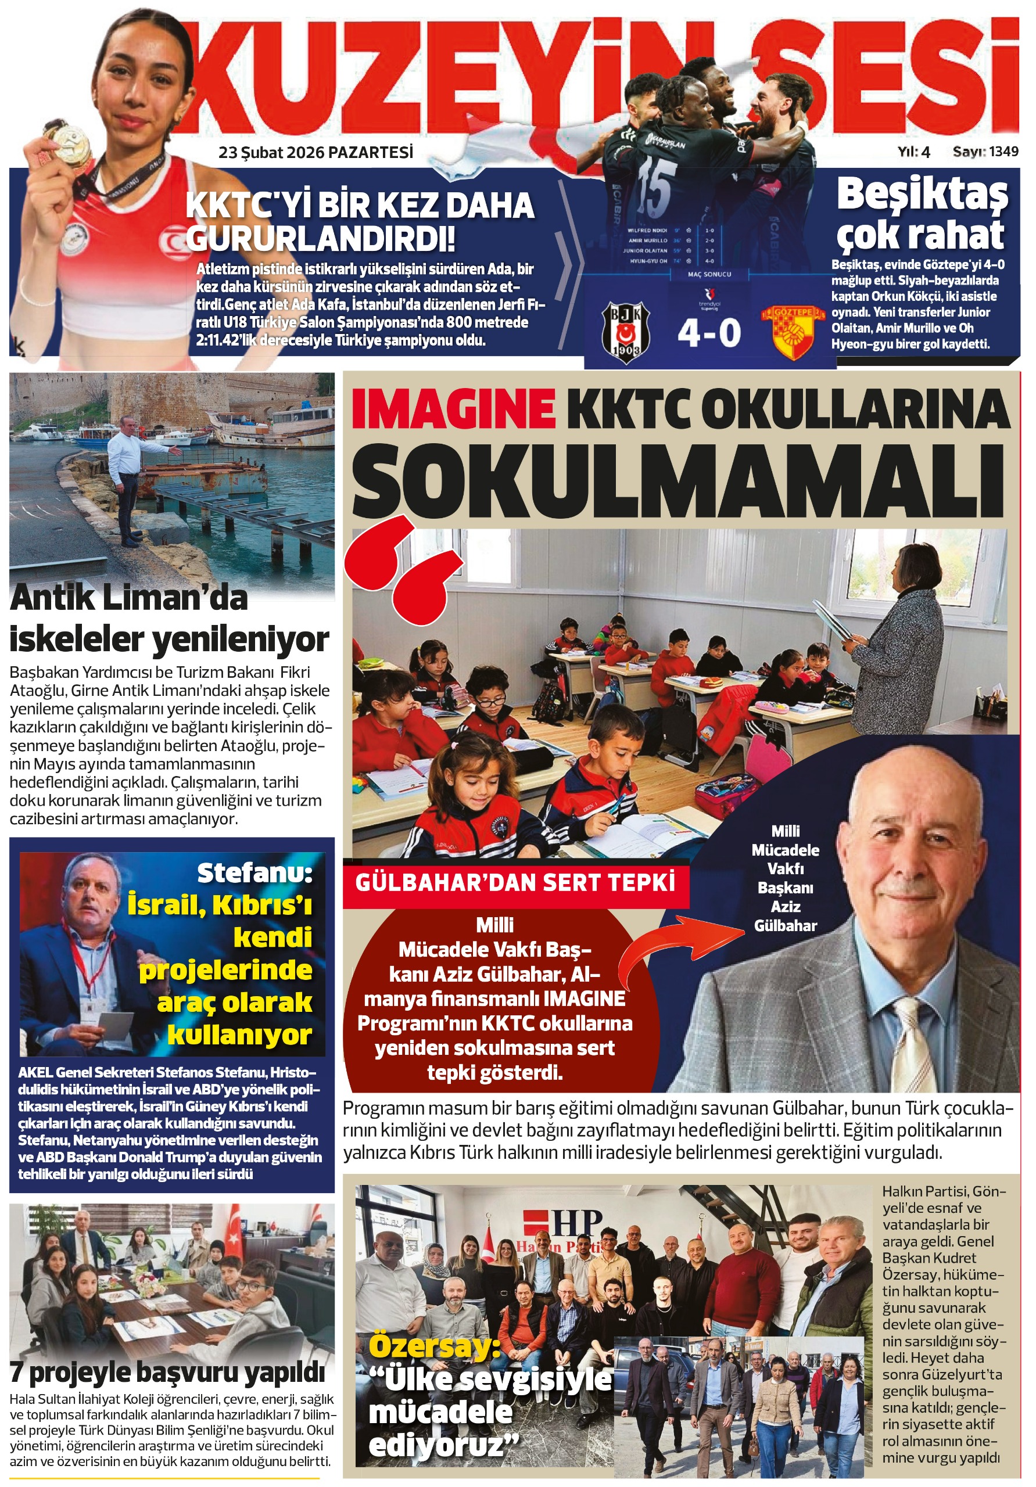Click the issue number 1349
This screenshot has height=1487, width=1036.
[x=1003, y=152]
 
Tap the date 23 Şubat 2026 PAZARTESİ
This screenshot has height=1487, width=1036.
[x=316, y=153]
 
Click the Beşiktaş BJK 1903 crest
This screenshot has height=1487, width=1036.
[x=625, y=332]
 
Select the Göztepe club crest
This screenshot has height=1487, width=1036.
[x=793, y=332]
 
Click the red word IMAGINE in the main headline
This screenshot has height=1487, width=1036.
[x=453, y=409]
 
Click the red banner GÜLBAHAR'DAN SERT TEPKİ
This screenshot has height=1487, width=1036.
[x=515, y=882]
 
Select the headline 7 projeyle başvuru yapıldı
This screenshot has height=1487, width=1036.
[x=168, y=1373]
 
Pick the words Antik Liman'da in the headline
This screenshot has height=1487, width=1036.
[x=129, y=598]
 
